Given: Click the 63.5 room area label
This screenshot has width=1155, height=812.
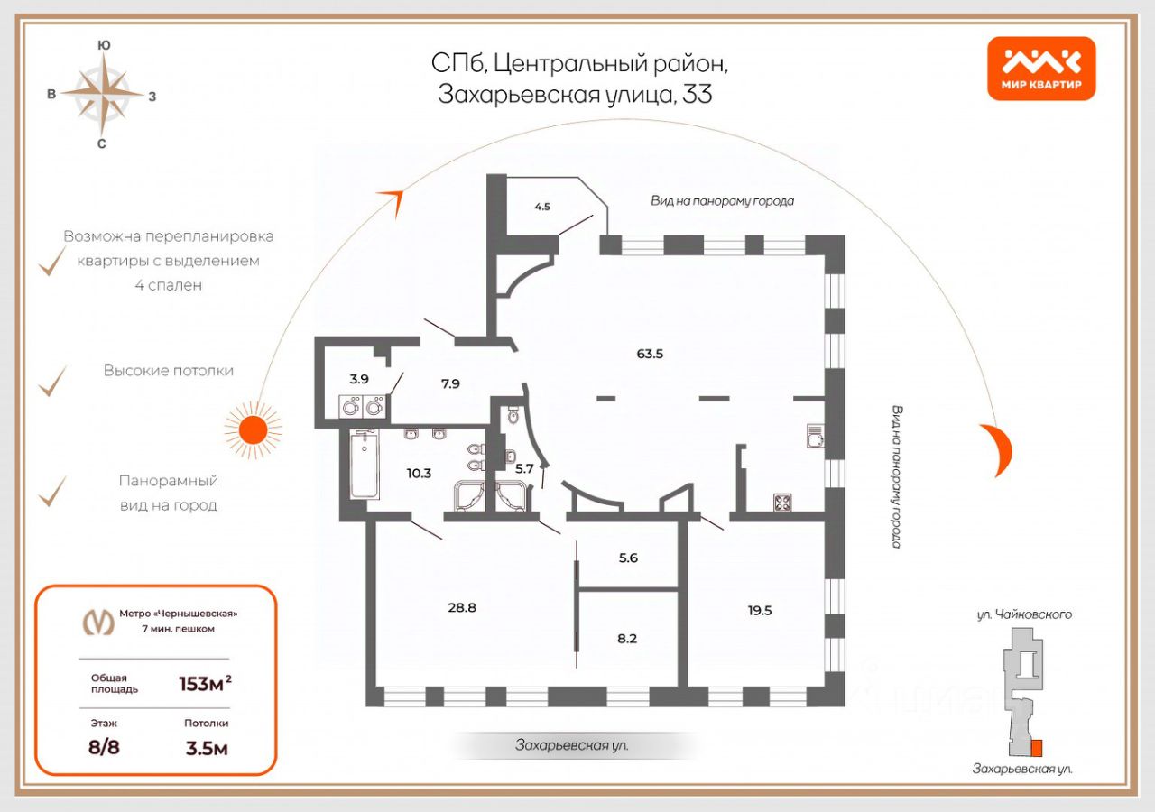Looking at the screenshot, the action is click(x=650, y=355).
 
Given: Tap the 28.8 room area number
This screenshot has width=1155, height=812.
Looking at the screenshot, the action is click(x=462, y=608).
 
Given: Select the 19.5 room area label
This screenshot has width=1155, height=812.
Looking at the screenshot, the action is click(x=760, y=611).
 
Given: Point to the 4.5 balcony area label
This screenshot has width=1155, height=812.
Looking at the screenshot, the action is click(x=542, y=207).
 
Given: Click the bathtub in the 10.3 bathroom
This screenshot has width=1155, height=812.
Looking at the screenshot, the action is click(x=365, y=464).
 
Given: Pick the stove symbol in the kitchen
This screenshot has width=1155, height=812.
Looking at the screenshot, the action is click(x=782, y=503).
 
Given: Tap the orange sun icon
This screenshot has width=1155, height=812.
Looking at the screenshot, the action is click(x=254, y=430).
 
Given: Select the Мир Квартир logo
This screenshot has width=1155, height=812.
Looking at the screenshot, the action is click(x=1041, y=68).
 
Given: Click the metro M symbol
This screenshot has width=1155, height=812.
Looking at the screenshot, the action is click(x=99, y=622).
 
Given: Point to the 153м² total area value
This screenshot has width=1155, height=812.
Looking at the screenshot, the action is click(x=205, y=684).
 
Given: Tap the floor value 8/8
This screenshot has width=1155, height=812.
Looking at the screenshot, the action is click(x=104, y=746).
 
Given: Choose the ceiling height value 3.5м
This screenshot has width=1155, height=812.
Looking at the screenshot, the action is click(x=207, y=748).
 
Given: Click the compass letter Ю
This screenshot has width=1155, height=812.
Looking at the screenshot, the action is click(x=104, y=45).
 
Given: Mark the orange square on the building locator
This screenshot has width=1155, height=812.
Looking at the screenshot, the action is click(x=1037, y=747).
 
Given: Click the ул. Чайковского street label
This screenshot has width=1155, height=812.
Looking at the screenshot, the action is click(x=1023, y=614).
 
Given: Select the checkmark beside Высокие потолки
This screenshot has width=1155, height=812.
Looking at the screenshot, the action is click(x=52, y=381).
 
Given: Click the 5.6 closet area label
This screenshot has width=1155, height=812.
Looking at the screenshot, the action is click(x=628, y=558).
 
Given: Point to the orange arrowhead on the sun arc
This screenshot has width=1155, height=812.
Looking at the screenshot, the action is click(x=393, y=200).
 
